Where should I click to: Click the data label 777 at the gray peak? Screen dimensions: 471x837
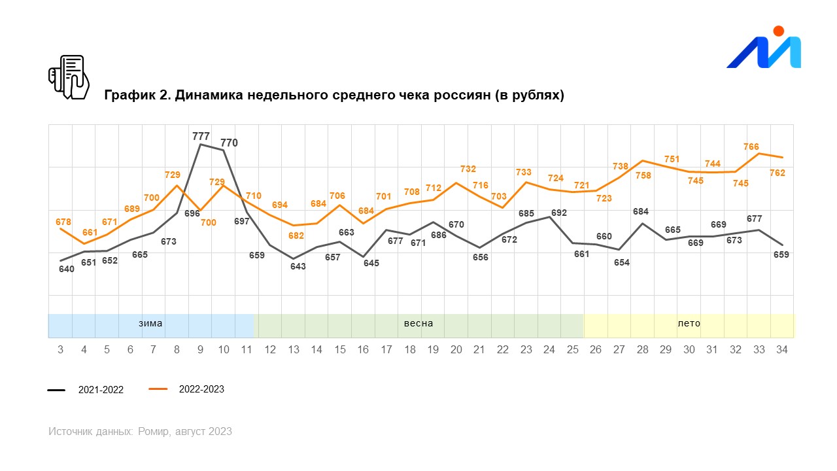pyautogui.click(x=201, y=136)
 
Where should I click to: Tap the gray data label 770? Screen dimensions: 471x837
pyautogui.click(x=229, y=143)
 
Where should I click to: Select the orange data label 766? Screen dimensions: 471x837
pyautogui.click(x=751, y=147)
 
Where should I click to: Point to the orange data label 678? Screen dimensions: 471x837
pyautogui.click(x=63, y=222)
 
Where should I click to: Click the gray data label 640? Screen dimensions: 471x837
pyautogui.click(x=66, y=268)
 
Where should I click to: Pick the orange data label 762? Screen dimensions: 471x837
pyautogui.click(x=777, y=173)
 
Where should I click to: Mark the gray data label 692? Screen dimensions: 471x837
pyautogui.click(x=559, y=213)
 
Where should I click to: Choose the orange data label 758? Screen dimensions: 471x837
pyautogui.click(x=643, y=175)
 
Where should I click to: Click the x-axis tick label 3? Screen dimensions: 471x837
pyautogui.click(x=61, y=350)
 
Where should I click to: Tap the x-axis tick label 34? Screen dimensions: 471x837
pyautogui.click(x=781, y=350)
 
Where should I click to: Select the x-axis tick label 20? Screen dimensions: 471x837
pyautogui.click(x=456, y=350)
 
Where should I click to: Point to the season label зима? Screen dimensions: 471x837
pyautogui.click(x=150, y=323)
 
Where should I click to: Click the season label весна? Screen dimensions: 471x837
pyautogui.click(x=418, y=323)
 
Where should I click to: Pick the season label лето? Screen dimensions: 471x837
pyautogui.click(x=689, y=323)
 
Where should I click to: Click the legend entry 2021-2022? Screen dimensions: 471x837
pyautogui.click(x=101, y=390)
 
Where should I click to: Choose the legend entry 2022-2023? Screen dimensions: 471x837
pyautogui.click(x=201, y=389)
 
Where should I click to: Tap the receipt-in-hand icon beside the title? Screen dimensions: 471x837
pyautogui.click(x=69, y=77)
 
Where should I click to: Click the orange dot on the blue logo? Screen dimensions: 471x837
pyautogui.click(x=778, y=31)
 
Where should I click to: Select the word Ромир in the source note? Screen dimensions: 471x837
pyautogui.click(x=156, y=432)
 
